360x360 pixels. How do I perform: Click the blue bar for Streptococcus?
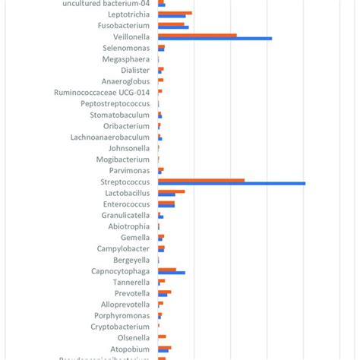point(232,183)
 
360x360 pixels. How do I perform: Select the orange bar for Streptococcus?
point(201,180)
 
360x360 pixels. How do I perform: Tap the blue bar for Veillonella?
point(215,38)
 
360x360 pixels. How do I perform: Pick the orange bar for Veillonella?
point(197,35)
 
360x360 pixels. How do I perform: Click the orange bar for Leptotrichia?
point(175,12)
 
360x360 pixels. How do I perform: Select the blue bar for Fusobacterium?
point(173,27)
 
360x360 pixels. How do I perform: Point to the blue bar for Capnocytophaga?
point(172,272)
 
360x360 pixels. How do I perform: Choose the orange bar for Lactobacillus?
point(171,191)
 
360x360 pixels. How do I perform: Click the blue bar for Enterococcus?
point(166,205)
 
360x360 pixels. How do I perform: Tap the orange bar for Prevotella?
point(164,292)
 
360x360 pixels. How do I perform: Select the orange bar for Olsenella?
point(162,336)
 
